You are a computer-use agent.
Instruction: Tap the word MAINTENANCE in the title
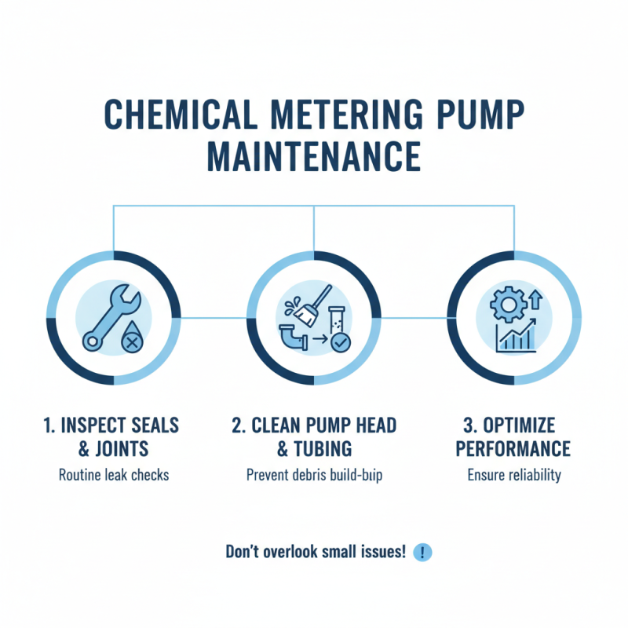tap(314, 155)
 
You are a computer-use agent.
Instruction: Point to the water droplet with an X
tap(131, 341)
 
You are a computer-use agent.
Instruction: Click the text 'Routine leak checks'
tap(115, 475)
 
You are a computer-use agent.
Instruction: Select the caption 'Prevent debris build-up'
tap(314, 475)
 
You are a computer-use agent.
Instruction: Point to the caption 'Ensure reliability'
tap(514, 475)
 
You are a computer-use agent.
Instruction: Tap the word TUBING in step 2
tap(324, 449)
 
